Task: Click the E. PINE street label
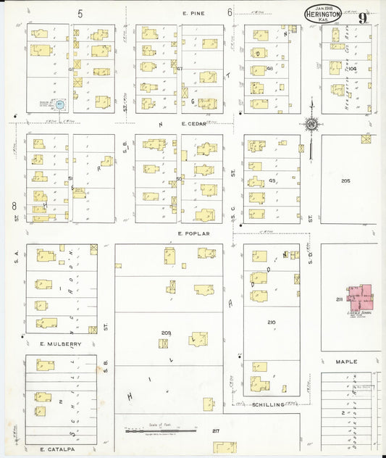192,13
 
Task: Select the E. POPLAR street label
193,233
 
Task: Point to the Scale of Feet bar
160,430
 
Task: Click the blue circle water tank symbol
62,105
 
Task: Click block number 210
271,322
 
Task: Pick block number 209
166,333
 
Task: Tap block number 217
215,431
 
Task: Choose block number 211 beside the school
338,299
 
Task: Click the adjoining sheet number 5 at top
80,13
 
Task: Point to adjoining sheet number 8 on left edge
14,206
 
